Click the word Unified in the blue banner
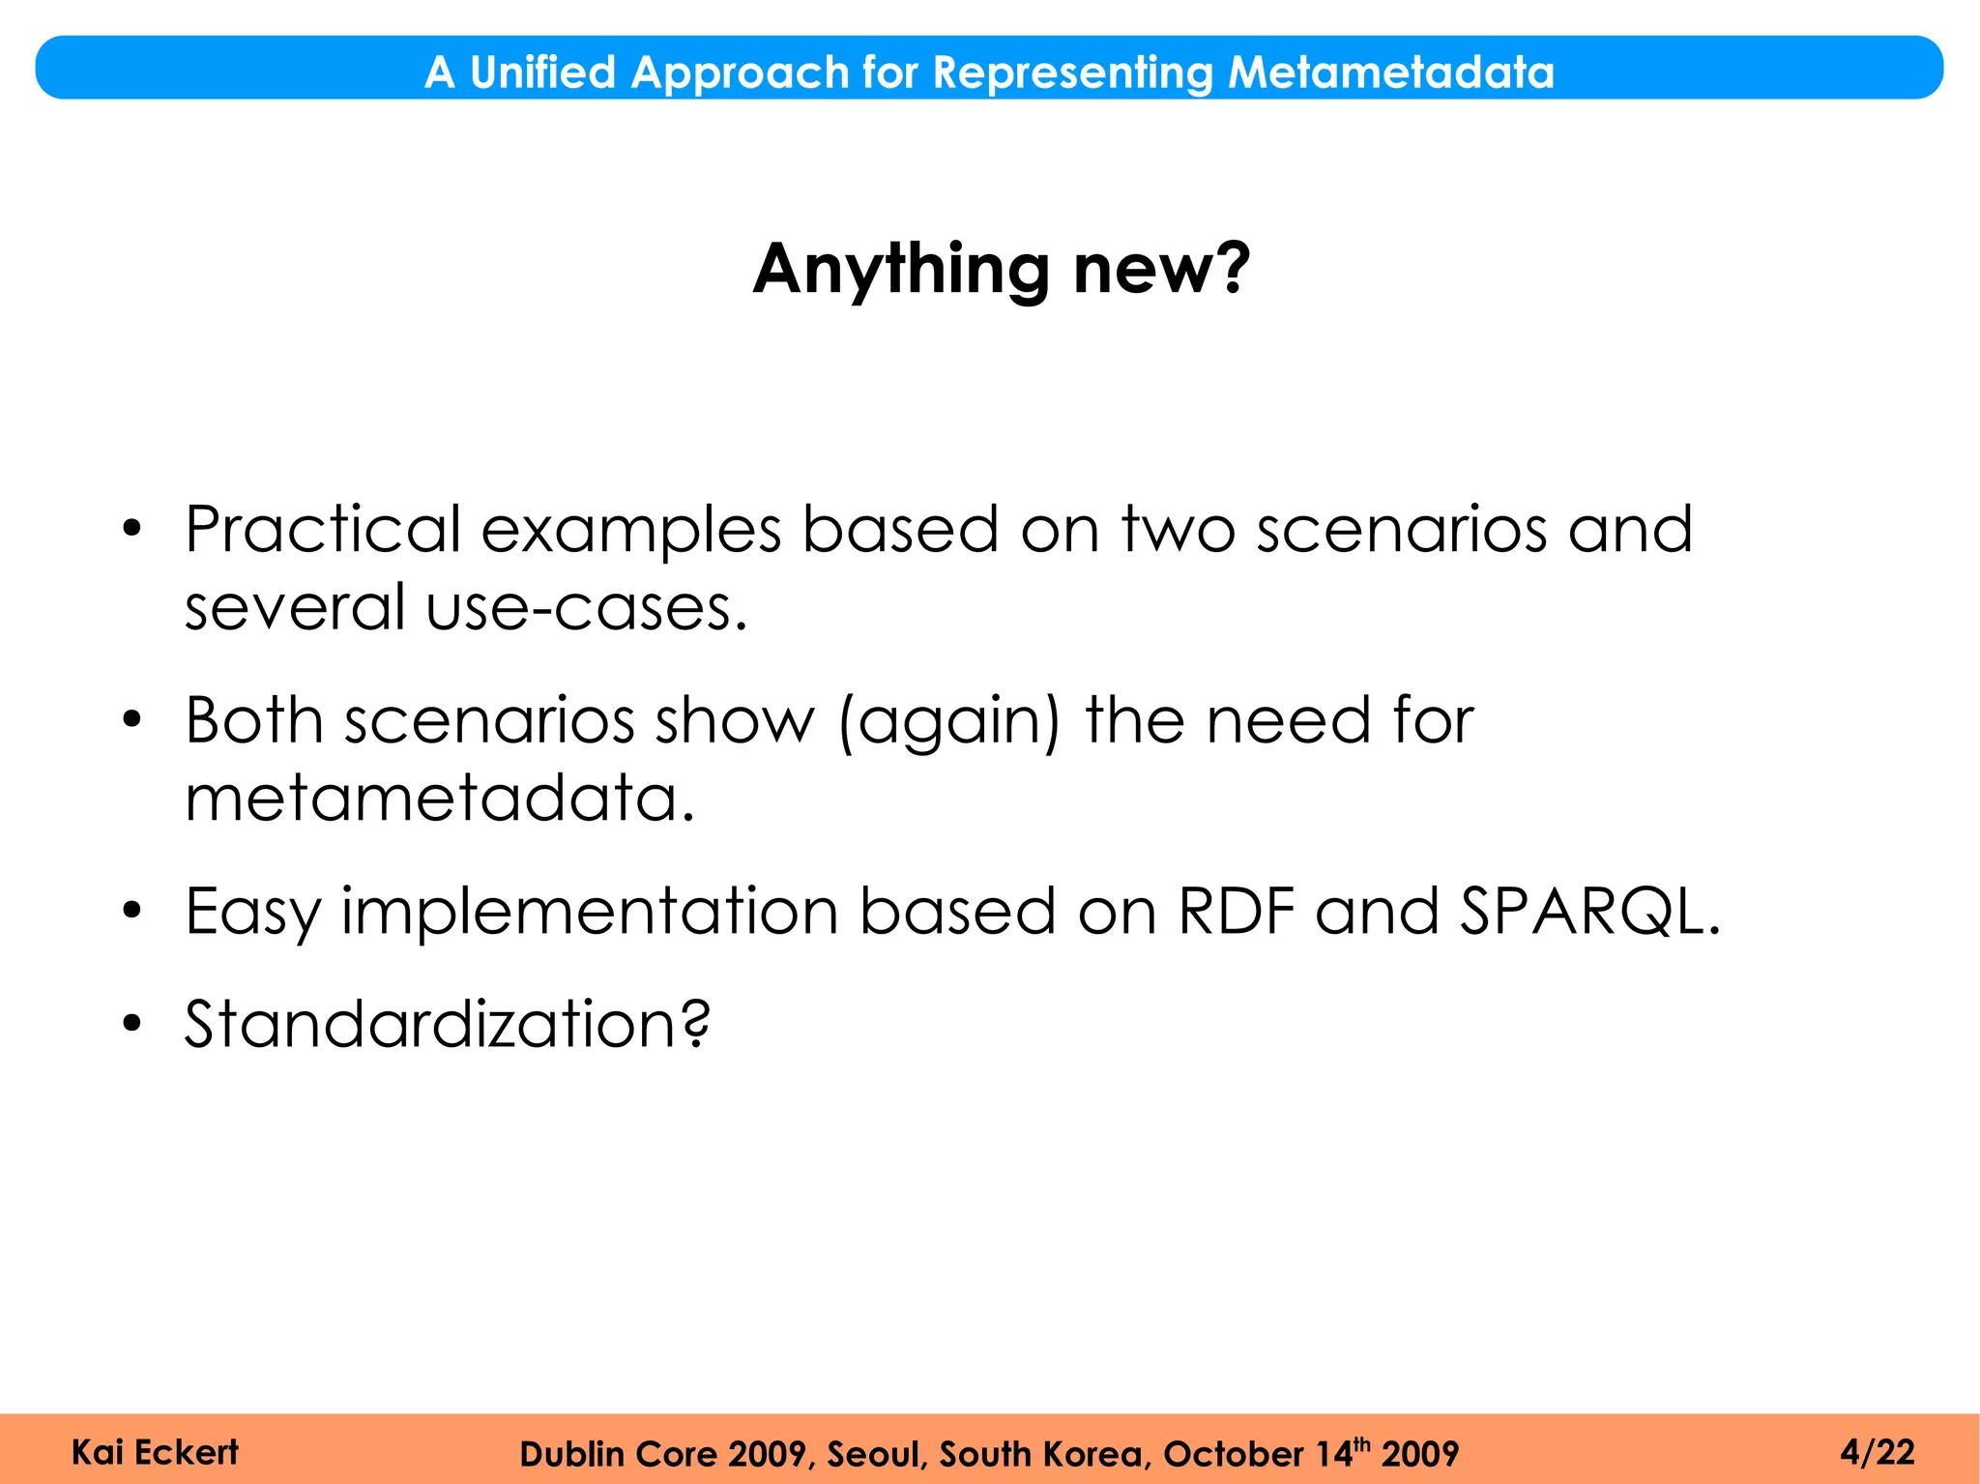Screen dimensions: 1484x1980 541,73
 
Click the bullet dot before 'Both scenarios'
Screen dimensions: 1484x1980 132,720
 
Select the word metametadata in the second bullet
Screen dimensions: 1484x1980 439,799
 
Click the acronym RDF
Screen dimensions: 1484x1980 1237,912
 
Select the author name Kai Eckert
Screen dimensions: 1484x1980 155,1452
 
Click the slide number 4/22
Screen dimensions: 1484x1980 1877,1452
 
